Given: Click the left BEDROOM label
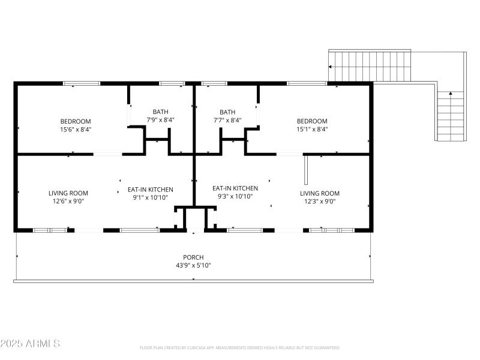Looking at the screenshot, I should click(75, 121).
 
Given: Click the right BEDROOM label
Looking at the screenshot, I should click(312, 121).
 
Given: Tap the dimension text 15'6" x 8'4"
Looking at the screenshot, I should click(75, 129).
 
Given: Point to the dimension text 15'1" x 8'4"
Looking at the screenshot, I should click(312, 129).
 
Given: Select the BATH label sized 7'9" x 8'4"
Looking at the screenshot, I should click(160, 112).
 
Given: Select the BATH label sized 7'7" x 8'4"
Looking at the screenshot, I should click(227, 112).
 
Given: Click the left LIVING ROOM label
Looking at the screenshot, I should click(68, 193).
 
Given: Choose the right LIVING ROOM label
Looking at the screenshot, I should click(320, 193).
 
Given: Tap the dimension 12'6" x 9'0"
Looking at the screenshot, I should click(68, 202).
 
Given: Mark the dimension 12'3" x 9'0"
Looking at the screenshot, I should click(320, 202).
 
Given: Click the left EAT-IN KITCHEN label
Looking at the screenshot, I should click(151, 189).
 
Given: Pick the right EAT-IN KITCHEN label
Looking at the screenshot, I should click(235, 188).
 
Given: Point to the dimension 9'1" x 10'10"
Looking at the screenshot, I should click(151, 197).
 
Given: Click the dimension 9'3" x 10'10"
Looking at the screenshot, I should click(235, 196).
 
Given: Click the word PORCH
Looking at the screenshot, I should click(193, 257).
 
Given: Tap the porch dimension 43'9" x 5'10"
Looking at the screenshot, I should click(193, 265).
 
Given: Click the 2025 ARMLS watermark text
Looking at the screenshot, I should click(30, 344).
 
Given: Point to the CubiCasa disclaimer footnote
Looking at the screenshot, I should click(239, 347).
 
